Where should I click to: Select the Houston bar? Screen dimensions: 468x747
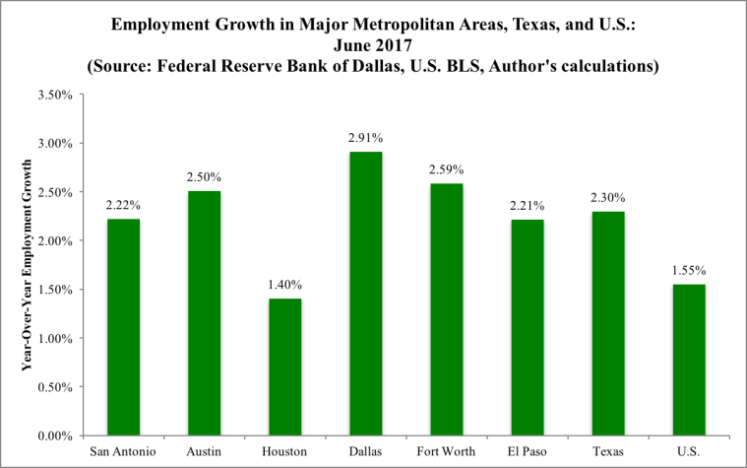(x=284, y=367)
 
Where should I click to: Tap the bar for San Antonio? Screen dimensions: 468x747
(x=123, y=327)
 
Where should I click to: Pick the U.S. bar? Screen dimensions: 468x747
(x=687, y=360)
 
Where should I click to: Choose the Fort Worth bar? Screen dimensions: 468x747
(x=446, y=309)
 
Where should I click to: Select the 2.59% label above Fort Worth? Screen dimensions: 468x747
(x=446, y=168)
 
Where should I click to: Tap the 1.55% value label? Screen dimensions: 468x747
(x=687, y=269)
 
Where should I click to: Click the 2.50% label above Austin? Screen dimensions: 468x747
(x=204, y=177)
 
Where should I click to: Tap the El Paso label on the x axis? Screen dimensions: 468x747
(x=526, y=451)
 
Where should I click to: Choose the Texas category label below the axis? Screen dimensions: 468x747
(x=606, y=451)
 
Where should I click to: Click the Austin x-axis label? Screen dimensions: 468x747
(x=204, y=451)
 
